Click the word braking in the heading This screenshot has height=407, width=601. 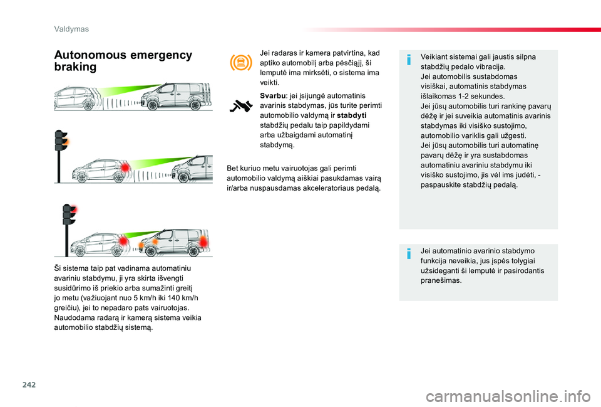pos(76,67)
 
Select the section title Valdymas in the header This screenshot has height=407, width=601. pos(71,29)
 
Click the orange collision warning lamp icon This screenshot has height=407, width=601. pos(241,63)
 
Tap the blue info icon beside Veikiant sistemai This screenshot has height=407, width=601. pos(408,60)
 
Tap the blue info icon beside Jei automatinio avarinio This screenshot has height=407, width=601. pos(408,253)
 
